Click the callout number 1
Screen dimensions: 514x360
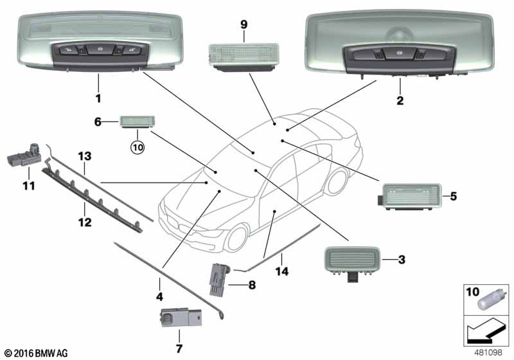[98, 98]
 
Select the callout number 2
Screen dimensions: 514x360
[400, 100]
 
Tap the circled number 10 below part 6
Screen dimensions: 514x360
[137, 148]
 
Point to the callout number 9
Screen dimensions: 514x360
[244, 24]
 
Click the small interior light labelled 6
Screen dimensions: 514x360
[137, 122]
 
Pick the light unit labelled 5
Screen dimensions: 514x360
[409, 197]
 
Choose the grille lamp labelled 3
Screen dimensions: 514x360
[351, 263]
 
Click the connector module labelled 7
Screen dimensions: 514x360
[181, 318]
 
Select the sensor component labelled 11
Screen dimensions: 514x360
[24, 156]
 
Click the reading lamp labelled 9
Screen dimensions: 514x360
[244, 57]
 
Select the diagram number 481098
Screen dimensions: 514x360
[488, 352]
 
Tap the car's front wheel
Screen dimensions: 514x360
[237, 238]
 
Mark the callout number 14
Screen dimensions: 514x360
[282, 271]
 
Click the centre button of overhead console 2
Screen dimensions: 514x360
[399, 53]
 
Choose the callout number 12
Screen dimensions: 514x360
[85, 222]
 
